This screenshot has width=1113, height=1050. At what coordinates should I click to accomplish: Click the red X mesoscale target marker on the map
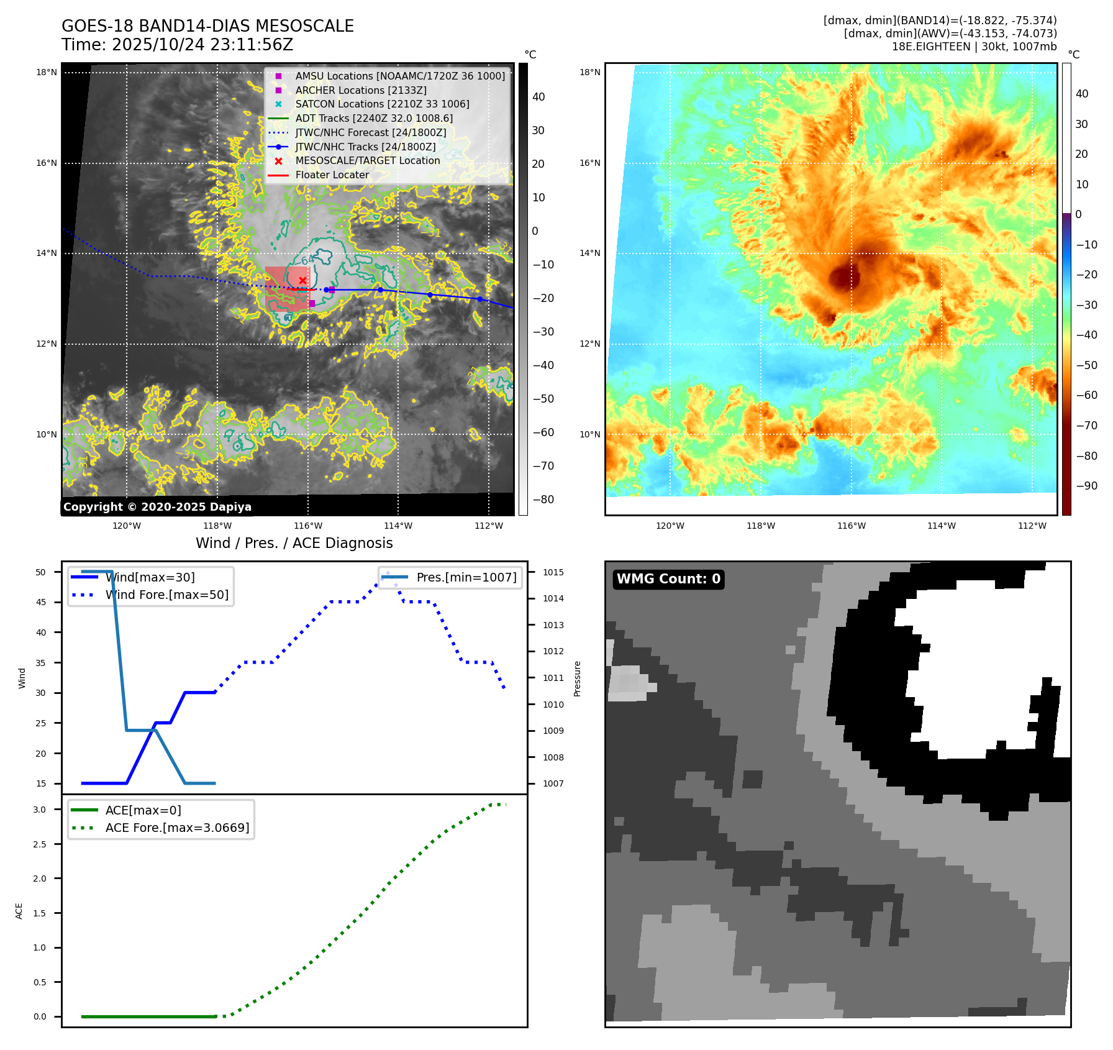point(302,281)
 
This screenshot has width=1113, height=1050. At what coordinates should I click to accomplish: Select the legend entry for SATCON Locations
point(382,104)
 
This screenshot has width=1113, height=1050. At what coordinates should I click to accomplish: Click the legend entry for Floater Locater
point(332,175)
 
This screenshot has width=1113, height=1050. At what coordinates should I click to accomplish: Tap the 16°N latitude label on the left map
point(47,163)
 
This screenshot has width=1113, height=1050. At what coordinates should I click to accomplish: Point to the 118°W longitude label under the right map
point(761,526)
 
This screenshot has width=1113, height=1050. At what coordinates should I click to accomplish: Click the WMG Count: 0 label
point(668,579)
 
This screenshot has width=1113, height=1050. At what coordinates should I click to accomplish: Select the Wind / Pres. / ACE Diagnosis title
point(294,543)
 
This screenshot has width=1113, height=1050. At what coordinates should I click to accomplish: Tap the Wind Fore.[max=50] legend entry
point(166,595)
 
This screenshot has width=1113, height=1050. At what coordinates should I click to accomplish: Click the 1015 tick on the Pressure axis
point(553,572)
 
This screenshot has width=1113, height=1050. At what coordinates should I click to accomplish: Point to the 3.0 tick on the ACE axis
point(40,810)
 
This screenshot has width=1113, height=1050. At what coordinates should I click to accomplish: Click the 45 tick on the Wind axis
point(41,602)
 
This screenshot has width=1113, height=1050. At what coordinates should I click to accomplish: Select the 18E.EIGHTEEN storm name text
point(930,47)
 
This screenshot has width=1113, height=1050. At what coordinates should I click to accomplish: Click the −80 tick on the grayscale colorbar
point(543,500)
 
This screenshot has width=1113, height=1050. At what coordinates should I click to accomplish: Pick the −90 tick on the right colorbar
point(1086,486)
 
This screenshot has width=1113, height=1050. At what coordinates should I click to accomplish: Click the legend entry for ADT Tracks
point(374,119)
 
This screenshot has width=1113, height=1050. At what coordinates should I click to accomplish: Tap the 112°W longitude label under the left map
point(489,526)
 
